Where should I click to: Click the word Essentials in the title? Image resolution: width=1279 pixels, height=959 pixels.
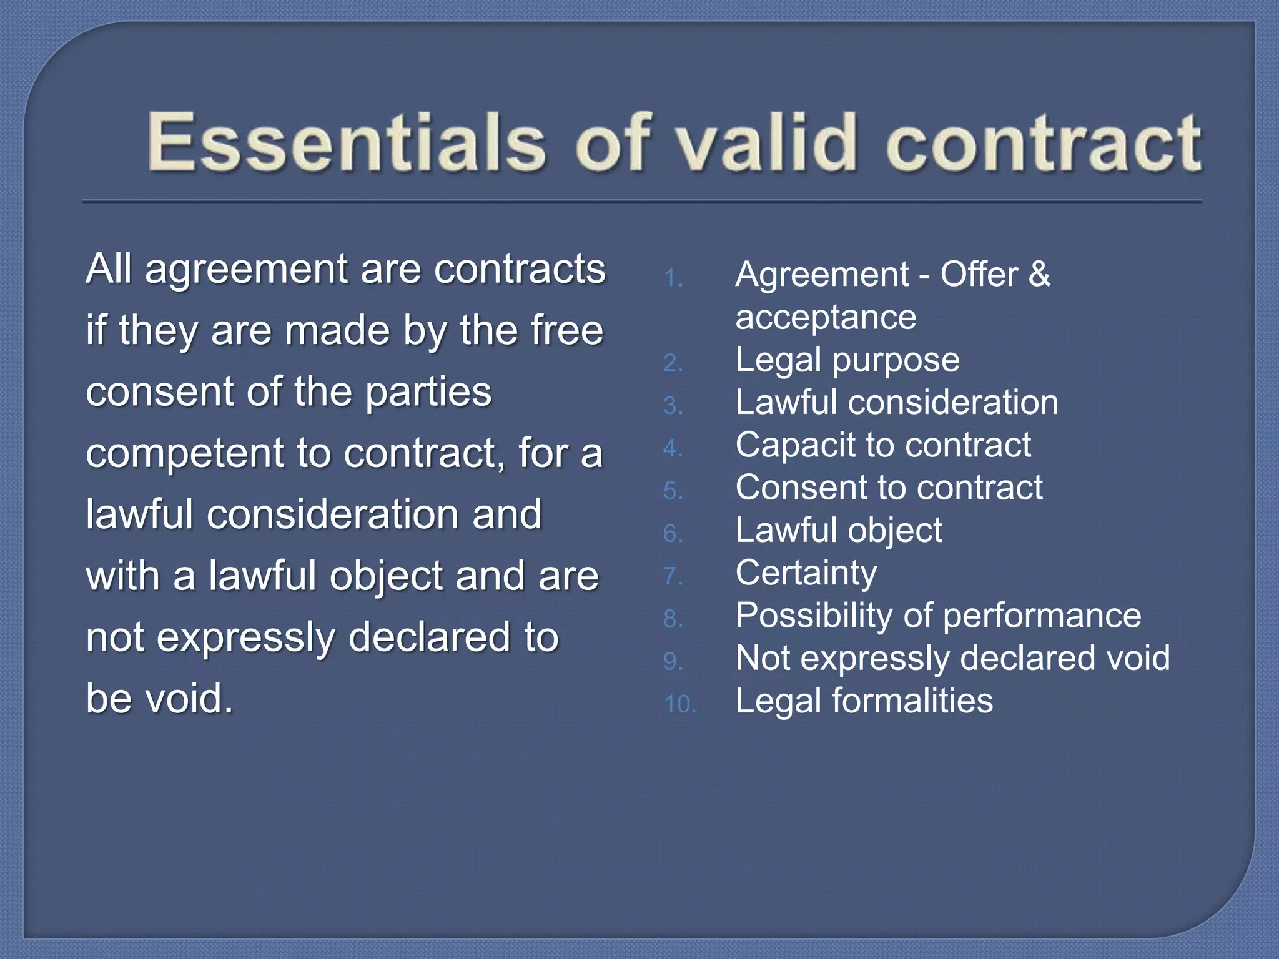point(347,142)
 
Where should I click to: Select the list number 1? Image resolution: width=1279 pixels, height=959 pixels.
point(672,278)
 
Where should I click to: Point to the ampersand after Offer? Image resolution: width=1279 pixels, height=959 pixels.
point(1039,275)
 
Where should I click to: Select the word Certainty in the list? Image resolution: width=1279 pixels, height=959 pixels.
point(806,573)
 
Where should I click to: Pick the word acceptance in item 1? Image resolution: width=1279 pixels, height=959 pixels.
point(826,317)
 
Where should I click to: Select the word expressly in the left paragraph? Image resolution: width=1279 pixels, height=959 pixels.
point(246,638)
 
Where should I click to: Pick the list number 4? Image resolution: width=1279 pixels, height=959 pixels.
point(672,448)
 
